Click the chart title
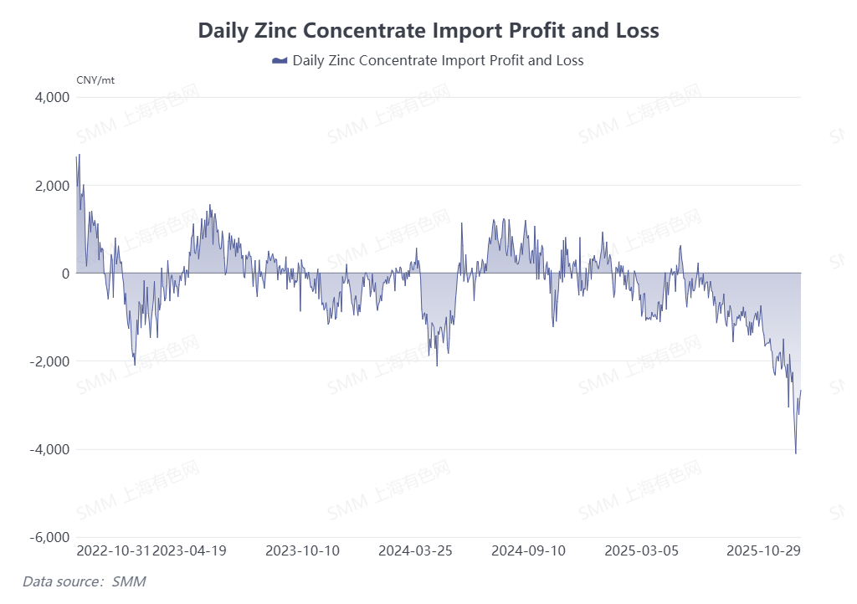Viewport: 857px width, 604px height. point(428,31)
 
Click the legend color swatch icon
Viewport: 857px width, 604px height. point(280,61)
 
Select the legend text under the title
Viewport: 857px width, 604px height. point(438,61)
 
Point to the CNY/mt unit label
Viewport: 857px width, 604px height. point(95,80)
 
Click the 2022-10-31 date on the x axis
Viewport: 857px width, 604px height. point(114,551)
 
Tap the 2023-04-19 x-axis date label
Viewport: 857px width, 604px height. point(190,551)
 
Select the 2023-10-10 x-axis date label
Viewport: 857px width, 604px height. point(302,551)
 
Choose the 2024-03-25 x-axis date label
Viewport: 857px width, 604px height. point(415,551)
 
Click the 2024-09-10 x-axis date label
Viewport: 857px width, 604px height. point(528,551)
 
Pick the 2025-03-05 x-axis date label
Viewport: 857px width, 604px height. point(641,551)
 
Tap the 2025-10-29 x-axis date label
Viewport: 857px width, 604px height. point(763,551)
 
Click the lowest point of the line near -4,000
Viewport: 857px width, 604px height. point(795,453)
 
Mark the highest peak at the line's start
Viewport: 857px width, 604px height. point(79,155)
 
